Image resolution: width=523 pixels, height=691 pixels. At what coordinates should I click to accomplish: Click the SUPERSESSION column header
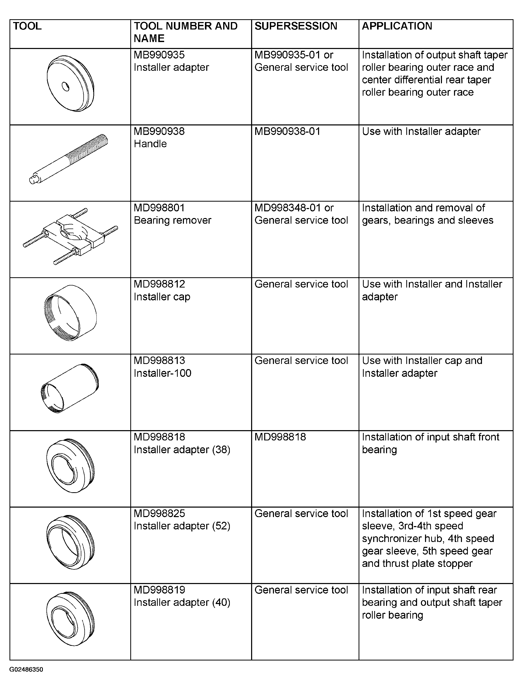coord(295,26)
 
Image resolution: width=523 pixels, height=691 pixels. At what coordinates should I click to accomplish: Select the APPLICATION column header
coord(397,26)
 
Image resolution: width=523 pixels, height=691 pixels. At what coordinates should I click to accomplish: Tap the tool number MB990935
coord(159,55)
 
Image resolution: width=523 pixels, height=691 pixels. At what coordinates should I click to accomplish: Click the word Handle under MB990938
coord(150,144)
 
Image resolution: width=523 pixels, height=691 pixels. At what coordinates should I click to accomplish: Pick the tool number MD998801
coord(159,208)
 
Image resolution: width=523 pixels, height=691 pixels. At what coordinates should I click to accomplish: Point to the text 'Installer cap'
coord(162,297)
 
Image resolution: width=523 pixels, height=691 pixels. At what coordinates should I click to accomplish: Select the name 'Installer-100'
coord(162,373)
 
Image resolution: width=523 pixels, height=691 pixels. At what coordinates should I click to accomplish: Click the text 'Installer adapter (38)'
coord(182,450)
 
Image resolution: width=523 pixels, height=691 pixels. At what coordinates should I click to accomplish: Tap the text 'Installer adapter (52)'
coord(182,526)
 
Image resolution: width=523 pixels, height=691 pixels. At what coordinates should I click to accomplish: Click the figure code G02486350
coord(26,669)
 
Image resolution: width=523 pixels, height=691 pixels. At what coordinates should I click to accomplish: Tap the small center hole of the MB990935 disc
coord(66,86)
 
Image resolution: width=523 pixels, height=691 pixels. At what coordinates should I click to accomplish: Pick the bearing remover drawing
coord(71,236)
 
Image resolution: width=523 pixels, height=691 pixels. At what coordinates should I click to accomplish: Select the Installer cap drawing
coord(70,312)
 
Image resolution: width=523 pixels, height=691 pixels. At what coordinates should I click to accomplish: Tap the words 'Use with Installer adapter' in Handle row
coord(421,131)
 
